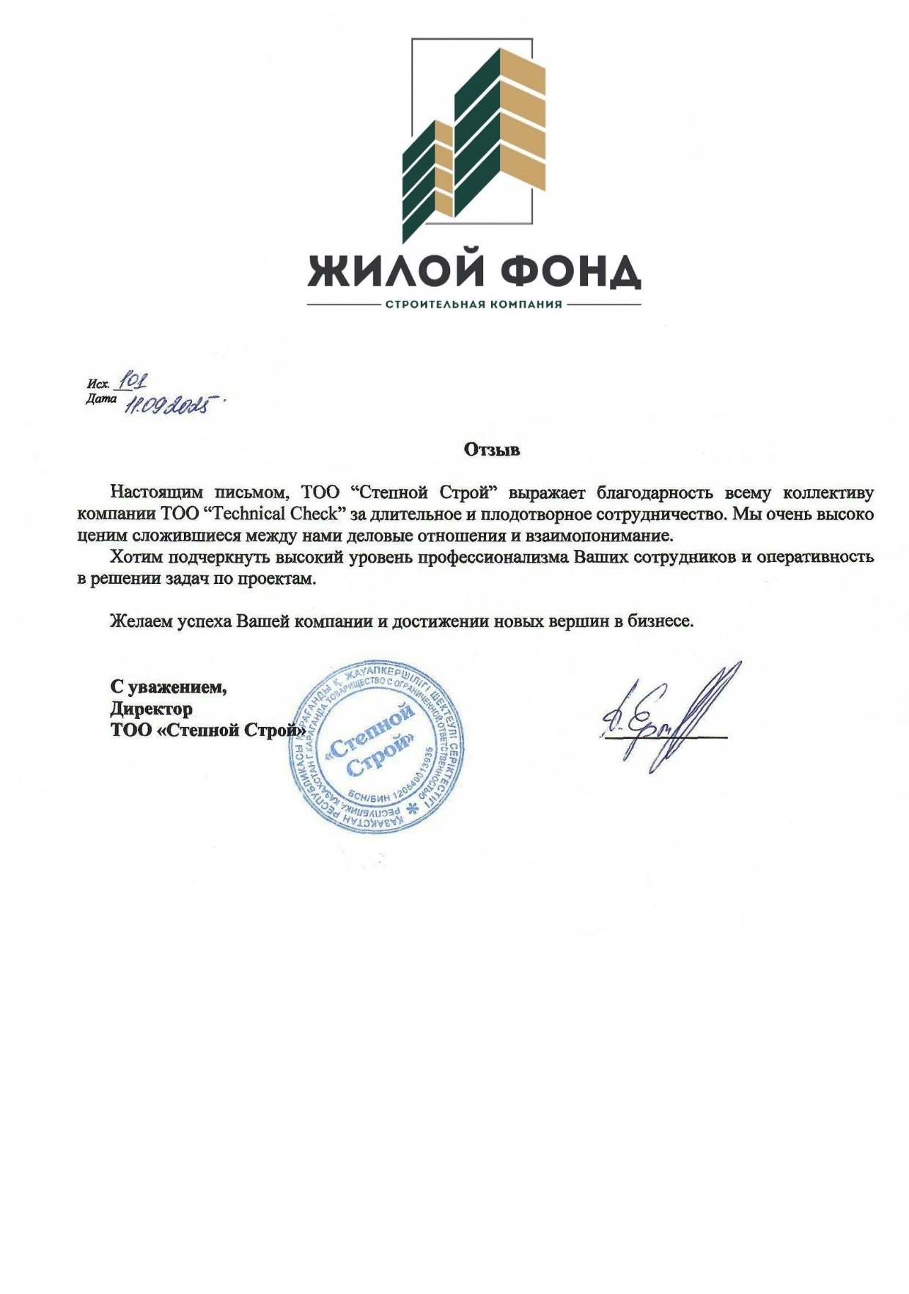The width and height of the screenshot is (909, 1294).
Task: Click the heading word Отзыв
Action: [492, 450]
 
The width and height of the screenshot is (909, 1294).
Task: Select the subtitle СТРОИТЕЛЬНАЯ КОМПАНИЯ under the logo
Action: [474, 304]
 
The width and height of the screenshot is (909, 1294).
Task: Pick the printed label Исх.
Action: [98, 384]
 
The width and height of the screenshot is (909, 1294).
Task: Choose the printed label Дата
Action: [100, 399]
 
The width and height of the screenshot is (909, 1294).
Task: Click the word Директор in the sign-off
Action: [152, 709]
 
